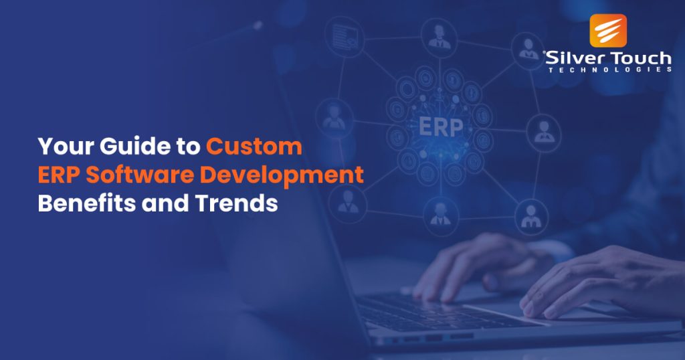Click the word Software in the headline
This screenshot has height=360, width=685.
point(148,175)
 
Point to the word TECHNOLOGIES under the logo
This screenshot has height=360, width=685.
point(609,70)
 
